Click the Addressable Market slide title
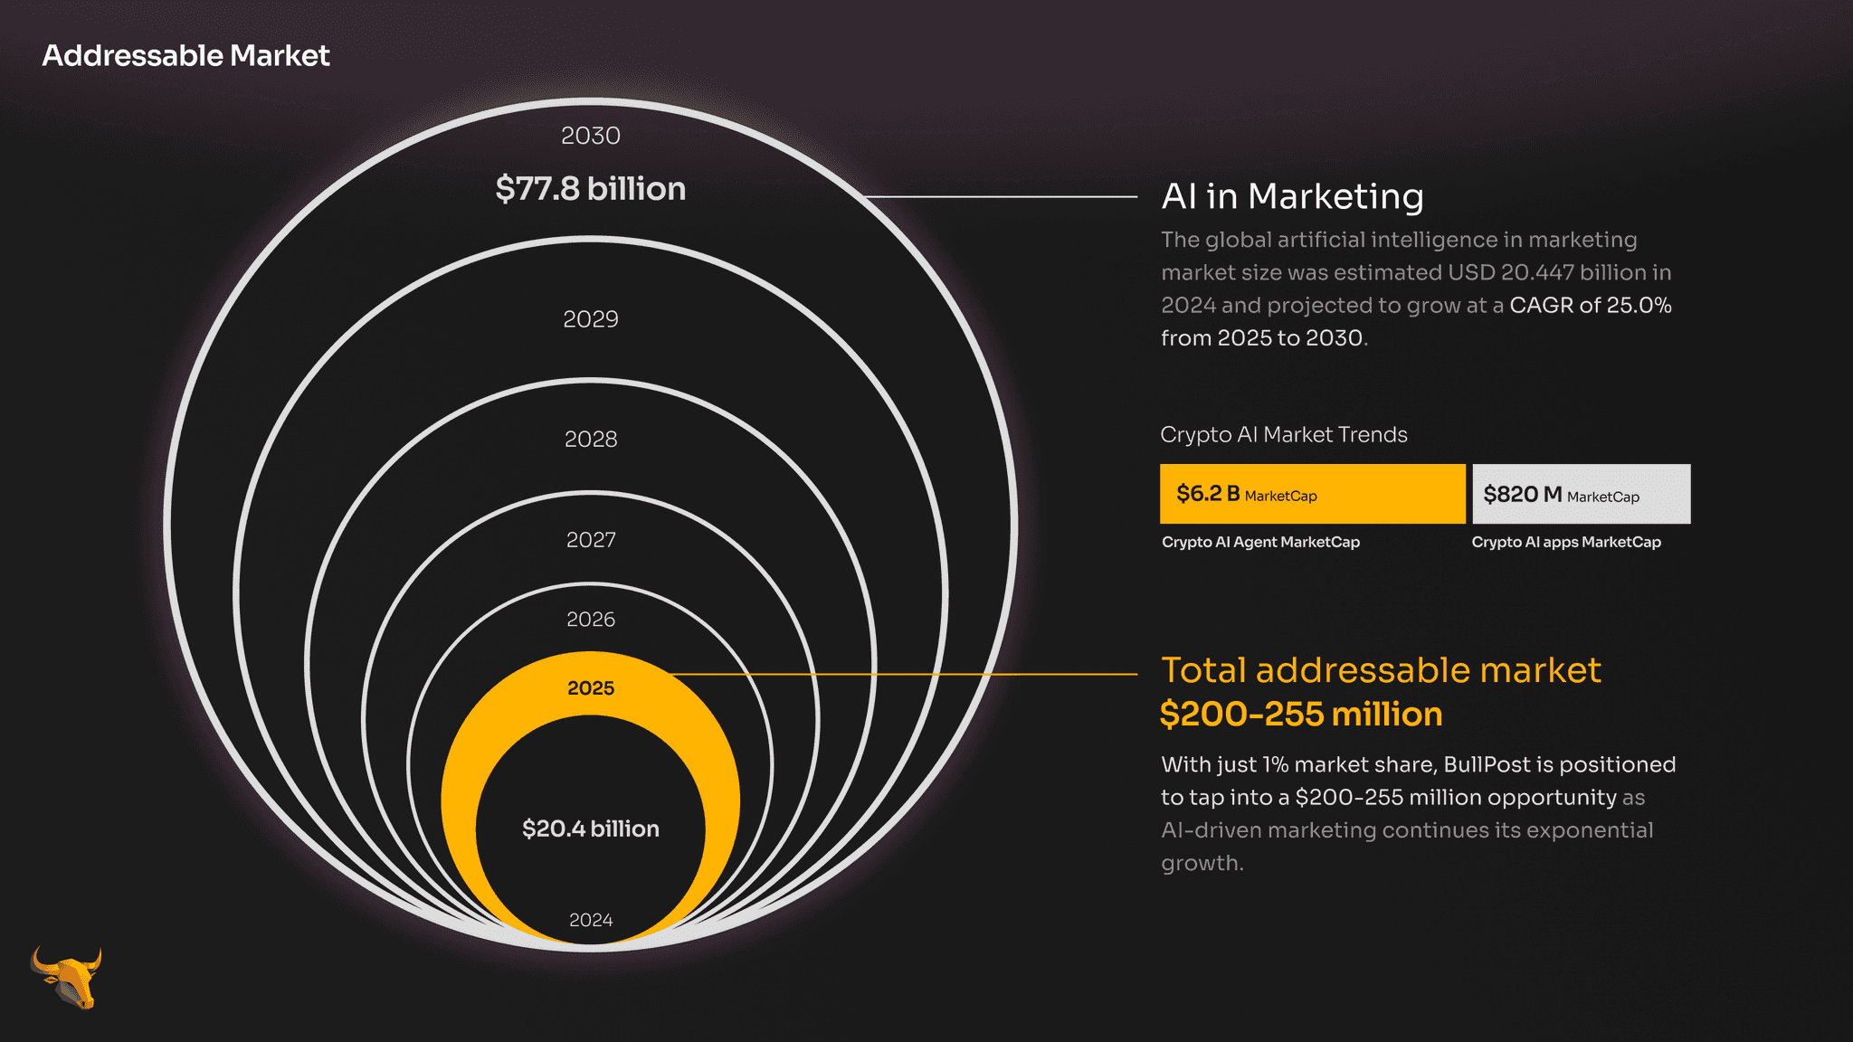click(x=185, y=56)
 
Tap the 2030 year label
click(x=591, y=136)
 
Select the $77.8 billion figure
click(x=591, y=189)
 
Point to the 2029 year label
click(x=591, y=319)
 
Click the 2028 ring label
click(x=591, y=440)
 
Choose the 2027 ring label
click(x=591, y=540)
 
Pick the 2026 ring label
click(x=591, y=620)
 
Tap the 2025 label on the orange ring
click(x=591, y=688)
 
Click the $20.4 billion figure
click(x=591, y=829)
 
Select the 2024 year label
click(x=591, y=920)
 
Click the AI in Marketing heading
click(x=1293, y=196)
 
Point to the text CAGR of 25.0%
click(x=1591, y=306)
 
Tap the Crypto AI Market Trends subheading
click(x=1284, y=435)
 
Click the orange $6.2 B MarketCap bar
click(x=1313, y=494)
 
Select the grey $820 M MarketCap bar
click(x=1582, y=494)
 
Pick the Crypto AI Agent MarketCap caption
click(x=1260, y=542)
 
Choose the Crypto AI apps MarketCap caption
click(x=1566, y=542)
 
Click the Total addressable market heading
click(x=1381, y=670)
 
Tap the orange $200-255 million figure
click(x=1301, y=715)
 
